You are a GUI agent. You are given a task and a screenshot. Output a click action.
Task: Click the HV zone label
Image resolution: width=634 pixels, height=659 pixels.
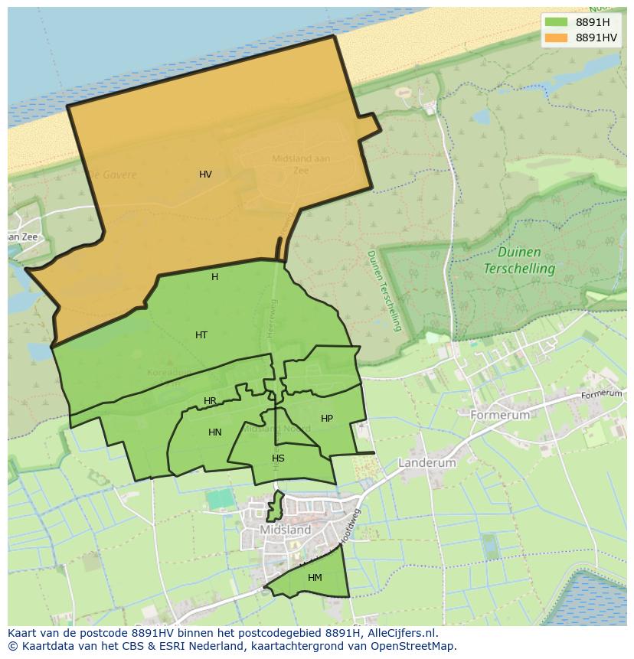[x=205, y=175]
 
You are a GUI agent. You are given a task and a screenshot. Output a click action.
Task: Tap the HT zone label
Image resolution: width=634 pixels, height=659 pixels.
[x=201, y=335]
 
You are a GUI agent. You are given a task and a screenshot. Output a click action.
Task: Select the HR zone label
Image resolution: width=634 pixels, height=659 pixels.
[x=210, y=401]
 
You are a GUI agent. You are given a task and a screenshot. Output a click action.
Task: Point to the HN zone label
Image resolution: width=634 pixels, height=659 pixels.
[x=215, y=432]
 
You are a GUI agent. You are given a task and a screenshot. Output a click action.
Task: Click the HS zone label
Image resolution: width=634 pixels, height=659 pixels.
[x=278, y=458]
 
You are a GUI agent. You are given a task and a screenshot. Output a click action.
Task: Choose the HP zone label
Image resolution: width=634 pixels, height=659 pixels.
[x=327, y=419]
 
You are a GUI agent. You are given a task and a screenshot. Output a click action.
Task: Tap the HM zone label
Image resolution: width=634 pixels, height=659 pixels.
[x=315, y=578]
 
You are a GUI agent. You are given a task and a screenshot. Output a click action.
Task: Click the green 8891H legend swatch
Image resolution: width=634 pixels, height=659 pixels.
[x=556, y=22]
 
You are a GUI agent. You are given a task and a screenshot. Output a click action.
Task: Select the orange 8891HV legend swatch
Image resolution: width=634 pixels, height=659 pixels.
[x=556, y=38]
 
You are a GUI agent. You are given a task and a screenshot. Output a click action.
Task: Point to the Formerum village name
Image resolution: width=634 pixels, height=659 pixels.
[x=500, y=415]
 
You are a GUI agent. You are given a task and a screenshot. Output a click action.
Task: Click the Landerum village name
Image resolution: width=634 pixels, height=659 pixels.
[x=426, y=463]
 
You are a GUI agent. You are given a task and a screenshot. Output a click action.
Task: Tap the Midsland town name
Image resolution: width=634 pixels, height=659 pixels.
[x=286, y=530]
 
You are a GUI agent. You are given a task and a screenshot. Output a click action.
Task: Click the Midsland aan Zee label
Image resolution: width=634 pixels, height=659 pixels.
[x=301, y=165]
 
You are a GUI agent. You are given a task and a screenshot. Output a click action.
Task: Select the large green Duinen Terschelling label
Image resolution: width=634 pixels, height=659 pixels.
[x=519, y=260]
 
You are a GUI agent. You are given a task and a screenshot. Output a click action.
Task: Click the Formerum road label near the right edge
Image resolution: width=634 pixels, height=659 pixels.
[x=602, y=393]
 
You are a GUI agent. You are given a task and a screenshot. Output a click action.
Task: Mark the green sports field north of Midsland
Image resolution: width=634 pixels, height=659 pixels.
[x=220, y=499]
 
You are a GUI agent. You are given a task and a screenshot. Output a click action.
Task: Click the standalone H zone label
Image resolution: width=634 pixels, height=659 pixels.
[x=214, y=277]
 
